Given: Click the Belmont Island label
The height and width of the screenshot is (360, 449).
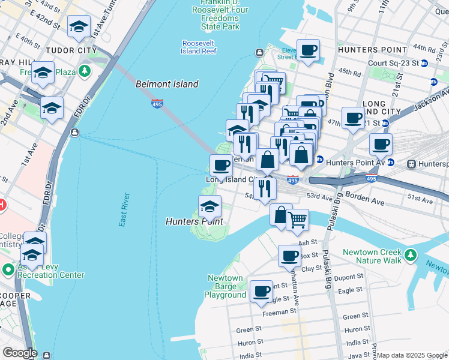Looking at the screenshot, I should click(x=167, y=85).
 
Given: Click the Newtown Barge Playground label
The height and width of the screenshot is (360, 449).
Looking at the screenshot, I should click(x=226, y=286).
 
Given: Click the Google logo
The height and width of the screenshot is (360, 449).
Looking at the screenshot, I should click(x=19, y=353).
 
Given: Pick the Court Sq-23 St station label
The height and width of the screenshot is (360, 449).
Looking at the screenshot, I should click(x=393, y=62).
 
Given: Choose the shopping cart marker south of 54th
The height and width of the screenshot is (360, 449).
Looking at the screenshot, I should click(x=297, y=219).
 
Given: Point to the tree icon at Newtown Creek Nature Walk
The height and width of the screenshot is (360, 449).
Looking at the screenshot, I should click(x=411, y=256).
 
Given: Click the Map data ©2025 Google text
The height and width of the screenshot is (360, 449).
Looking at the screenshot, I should click(x=412, y=355).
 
